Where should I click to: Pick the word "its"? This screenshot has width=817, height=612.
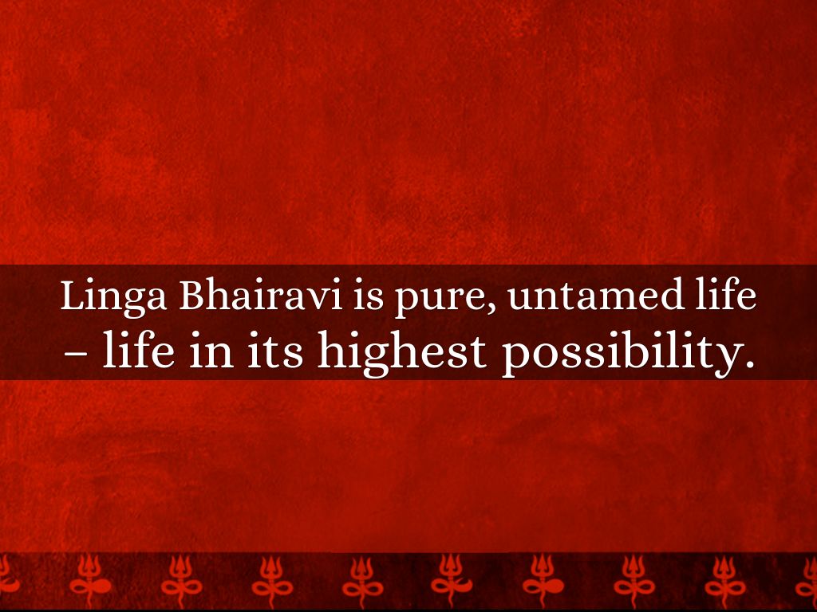275,351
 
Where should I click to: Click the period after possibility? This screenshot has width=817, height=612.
748,363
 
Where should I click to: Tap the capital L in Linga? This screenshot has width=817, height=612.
73,296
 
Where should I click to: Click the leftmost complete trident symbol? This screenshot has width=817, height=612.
89,580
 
